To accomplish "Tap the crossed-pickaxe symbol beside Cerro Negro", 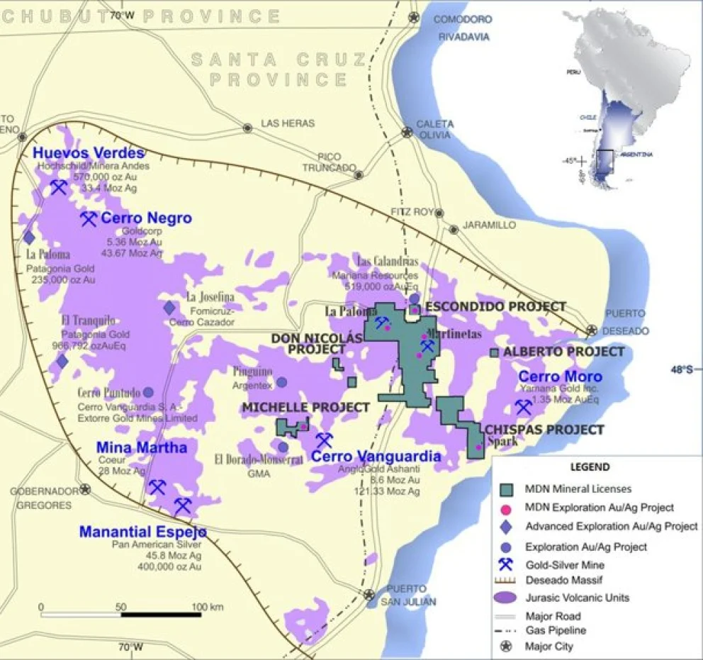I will pyautogui.click(x=89, y=218).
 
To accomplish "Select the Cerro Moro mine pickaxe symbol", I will pyautogui.click(x=524, y=407).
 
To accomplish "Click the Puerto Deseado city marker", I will pyautogui.click(x=591, y=330).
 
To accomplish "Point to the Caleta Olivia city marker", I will pyautogui.click(x=407, y=132).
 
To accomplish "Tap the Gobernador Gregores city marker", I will pyautogui.click(x=86, y=488).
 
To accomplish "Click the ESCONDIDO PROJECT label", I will pyautogui.click(x=495, y=306).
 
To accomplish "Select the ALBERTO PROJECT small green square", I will pyautogui.click(x=494, y=352).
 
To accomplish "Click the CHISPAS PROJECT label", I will pyautogui.click(x=544, y=430).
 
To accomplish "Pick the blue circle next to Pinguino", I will pyautogui.click(x=281, y=382).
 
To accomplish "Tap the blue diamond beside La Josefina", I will pyautogui.click(x=169, y=308).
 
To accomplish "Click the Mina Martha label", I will pyautogui.click(x=142, y=447).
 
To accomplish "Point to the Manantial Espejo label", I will pyautogui.click(x=143, y=532).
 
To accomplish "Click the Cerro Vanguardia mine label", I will pyautogui.click(x=376, y=457).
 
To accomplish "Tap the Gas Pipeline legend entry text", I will pyautogui.click(x=556, y=630).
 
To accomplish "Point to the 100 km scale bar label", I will pyautogui.click(x=207, y=608).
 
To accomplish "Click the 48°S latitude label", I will pyautogui.click(x=685, y=369).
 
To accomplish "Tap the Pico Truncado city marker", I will pyautogui.click(x=359, y=174).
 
